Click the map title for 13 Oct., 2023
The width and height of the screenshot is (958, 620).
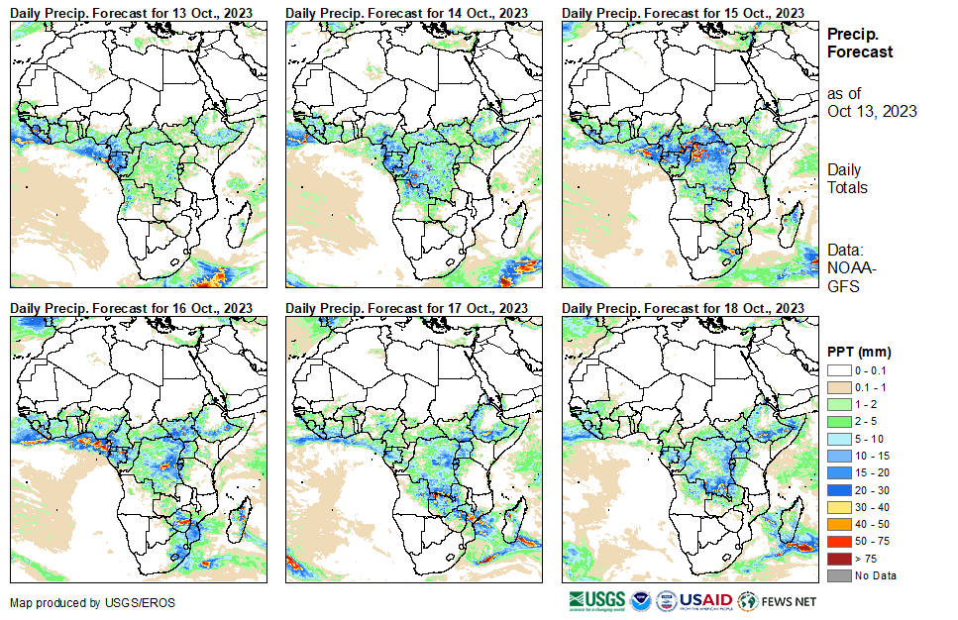(131, 12)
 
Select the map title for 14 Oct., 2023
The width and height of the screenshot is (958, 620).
(406, 12)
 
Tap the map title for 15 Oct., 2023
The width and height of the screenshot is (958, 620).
(683, 12)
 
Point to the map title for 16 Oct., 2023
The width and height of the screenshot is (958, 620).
(131, 308)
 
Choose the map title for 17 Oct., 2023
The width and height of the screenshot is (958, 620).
(406, 308)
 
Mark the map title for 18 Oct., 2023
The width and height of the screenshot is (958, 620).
(683, 308)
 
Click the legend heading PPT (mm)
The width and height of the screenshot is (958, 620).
(859, 352)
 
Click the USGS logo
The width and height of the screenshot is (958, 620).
(596, 600)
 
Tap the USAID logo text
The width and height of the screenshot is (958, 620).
(706, 600)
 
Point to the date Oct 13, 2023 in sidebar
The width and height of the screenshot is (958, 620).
(872, 111)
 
